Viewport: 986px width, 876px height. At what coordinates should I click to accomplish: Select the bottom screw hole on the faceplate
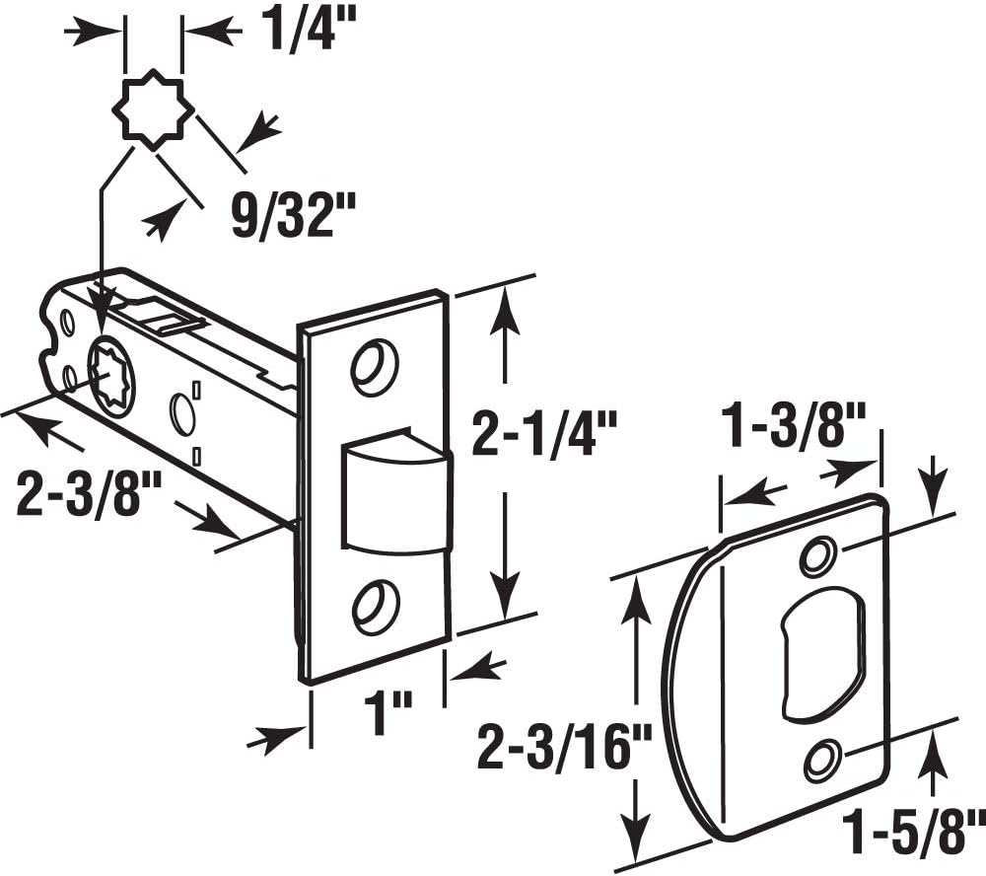(x=375, y=606)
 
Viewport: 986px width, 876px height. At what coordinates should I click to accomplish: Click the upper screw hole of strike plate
(x=816, y=556)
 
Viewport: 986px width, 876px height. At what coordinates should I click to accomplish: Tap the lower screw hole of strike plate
(x=821, y=759)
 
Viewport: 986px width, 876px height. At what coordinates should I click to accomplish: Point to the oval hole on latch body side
(x=181, y=414)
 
